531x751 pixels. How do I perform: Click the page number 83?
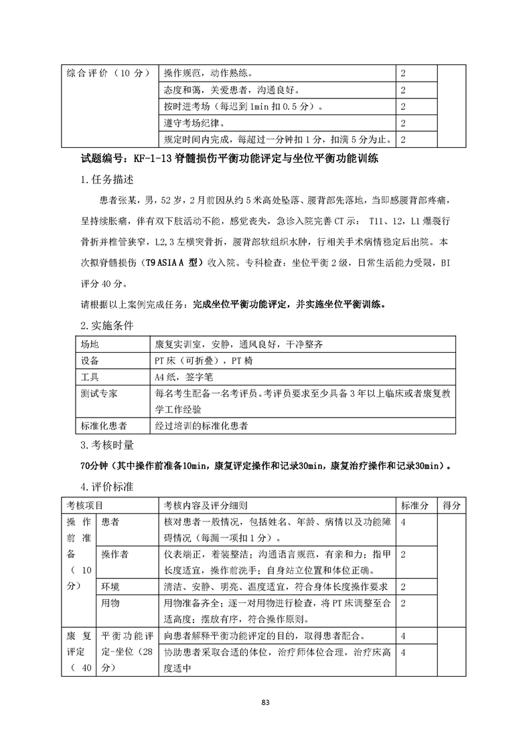pyautogui.click(x=266, y=702)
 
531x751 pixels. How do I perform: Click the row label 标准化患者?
pyautogui.click(x=103, y=426)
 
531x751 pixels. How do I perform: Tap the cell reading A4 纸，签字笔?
pyautogui.click(x=184, y=378)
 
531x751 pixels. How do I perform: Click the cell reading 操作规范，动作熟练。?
pyautogui.click(x=208, y=72)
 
